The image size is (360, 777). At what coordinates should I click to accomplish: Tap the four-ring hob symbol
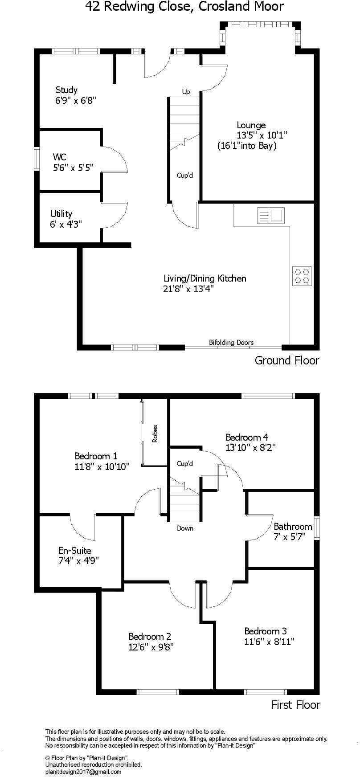click(302, 276)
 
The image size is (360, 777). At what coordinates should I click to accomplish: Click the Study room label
click(66, 90)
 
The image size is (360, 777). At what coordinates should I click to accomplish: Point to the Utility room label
click(61, 214)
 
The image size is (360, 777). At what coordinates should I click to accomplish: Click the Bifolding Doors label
click(231, 342)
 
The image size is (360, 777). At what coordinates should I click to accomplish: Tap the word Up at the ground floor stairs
click(186, 92)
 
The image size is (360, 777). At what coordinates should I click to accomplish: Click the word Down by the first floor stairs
click(185, 528)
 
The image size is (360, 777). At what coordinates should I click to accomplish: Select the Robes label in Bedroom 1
click(155, 433)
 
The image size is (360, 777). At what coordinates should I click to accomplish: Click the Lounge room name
click(251, 125)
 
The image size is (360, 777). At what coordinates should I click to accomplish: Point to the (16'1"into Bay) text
click(247, 146)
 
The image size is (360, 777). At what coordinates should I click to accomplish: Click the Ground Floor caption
click(286, 360)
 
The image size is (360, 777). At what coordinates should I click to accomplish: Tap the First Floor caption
click(295, 705)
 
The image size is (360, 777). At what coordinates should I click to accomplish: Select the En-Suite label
click(75, 551)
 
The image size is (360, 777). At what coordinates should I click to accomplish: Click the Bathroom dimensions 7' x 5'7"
click(289, 537)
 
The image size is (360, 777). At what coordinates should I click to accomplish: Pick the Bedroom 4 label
click(247, 437)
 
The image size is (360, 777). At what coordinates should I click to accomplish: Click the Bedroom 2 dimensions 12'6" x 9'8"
click(151, 647)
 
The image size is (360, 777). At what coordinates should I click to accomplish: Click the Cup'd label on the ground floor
click(185, 176)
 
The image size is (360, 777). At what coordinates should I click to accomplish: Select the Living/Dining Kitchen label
click(205, 278)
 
